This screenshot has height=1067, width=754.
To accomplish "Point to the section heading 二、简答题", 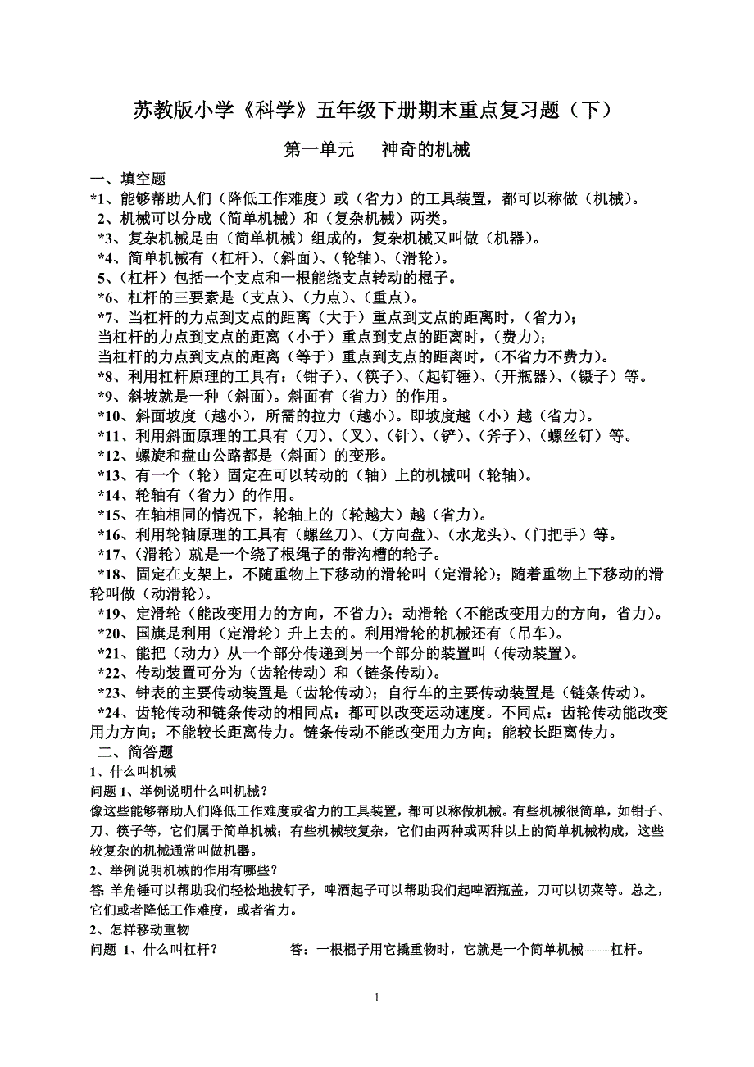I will (136, 752).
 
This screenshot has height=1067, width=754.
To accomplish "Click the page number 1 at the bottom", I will (376, 997).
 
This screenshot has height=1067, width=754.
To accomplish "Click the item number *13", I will (109, 475).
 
